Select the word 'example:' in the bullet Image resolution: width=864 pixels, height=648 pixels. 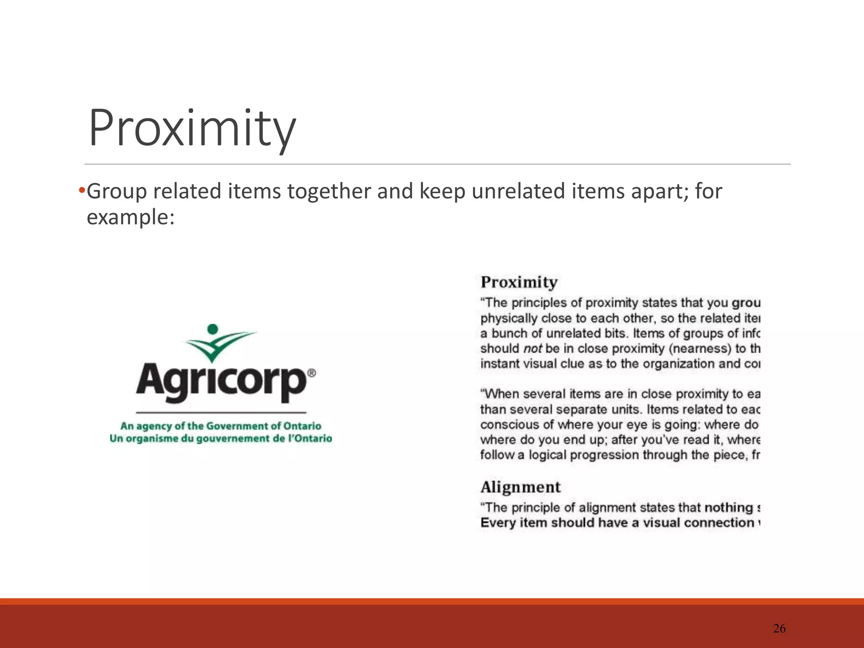[x=130, y=217]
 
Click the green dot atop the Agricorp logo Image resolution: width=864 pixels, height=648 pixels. [x=213, y=329]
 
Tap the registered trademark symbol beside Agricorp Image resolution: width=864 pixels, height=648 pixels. [x=311, y=373]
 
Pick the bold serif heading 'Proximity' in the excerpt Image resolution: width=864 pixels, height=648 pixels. [x=519, y=282]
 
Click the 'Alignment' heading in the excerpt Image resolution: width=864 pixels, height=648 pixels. [x=520, y=487]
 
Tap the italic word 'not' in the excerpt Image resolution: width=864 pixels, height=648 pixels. [x=532, y=349]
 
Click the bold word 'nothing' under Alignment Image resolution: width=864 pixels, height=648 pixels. [x=729, y=508]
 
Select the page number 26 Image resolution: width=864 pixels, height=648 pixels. [x=779, y=629]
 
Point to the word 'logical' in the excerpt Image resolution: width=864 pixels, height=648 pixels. [x=547, y=455]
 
